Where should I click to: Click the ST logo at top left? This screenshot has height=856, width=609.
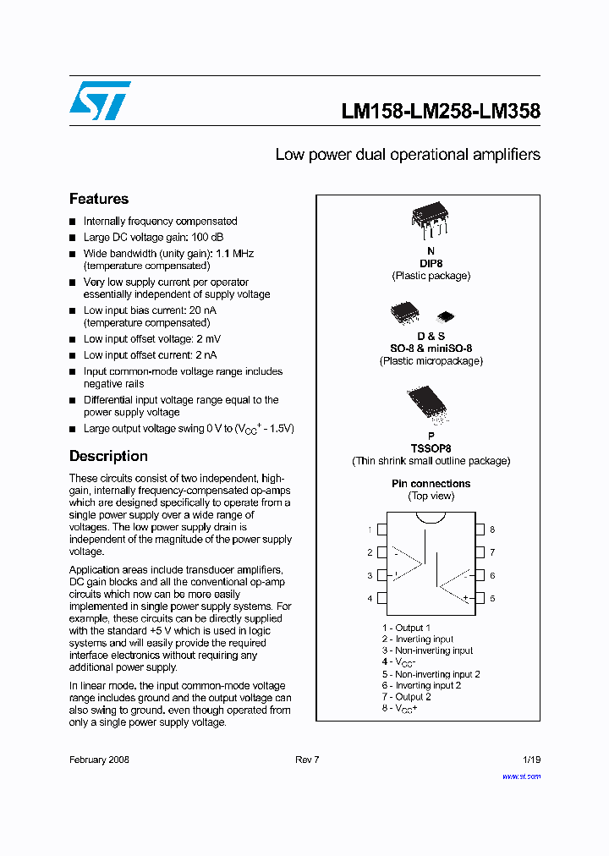click(x=100, y=101)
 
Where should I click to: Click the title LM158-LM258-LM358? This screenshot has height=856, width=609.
click(x=440, y=111)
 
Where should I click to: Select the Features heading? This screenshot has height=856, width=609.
click(x=99, y=199)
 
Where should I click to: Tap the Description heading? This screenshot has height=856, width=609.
click(x=108, y=456)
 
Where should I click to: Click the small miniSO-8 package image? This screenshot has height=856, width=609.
click(x=446, y=316)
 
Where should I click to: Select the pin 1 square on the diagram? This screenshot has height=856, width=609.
click(x=381, y=530)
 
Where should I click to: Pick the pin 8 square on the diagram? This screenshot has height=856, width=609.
click(x=480, y=530)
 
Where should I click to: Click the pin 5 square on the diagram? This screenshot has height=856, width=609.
click(x=480, y=598)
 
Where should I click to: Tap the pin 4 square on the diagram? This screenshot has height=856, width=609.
click(x=381, y=598)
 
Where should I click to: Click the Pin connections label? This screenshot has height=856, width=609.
click(x=431, y=484)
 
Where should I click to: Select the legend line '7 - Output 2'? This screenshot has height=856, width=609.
click(x=406, y=696)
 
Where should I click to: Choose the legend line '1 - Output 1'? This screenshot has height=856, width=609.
click(x=406, y=628)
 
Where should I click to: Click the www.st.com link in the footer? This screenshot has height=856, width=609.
click(x=521, y=776)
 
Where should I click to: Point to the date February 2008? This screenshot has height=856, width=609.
click(x=99, y=760)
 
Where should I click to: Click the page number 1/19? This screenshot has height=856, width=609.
click(x=529, y=760)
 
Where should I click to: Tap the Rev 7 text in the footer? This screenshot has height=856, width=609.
click(x=307, y=760)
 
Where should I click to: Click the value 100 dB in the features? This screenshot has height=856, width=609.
click(x=206, y=237)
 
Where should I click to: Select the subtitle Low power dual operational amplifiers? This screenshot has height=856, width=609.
click(x=408, y=155)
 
